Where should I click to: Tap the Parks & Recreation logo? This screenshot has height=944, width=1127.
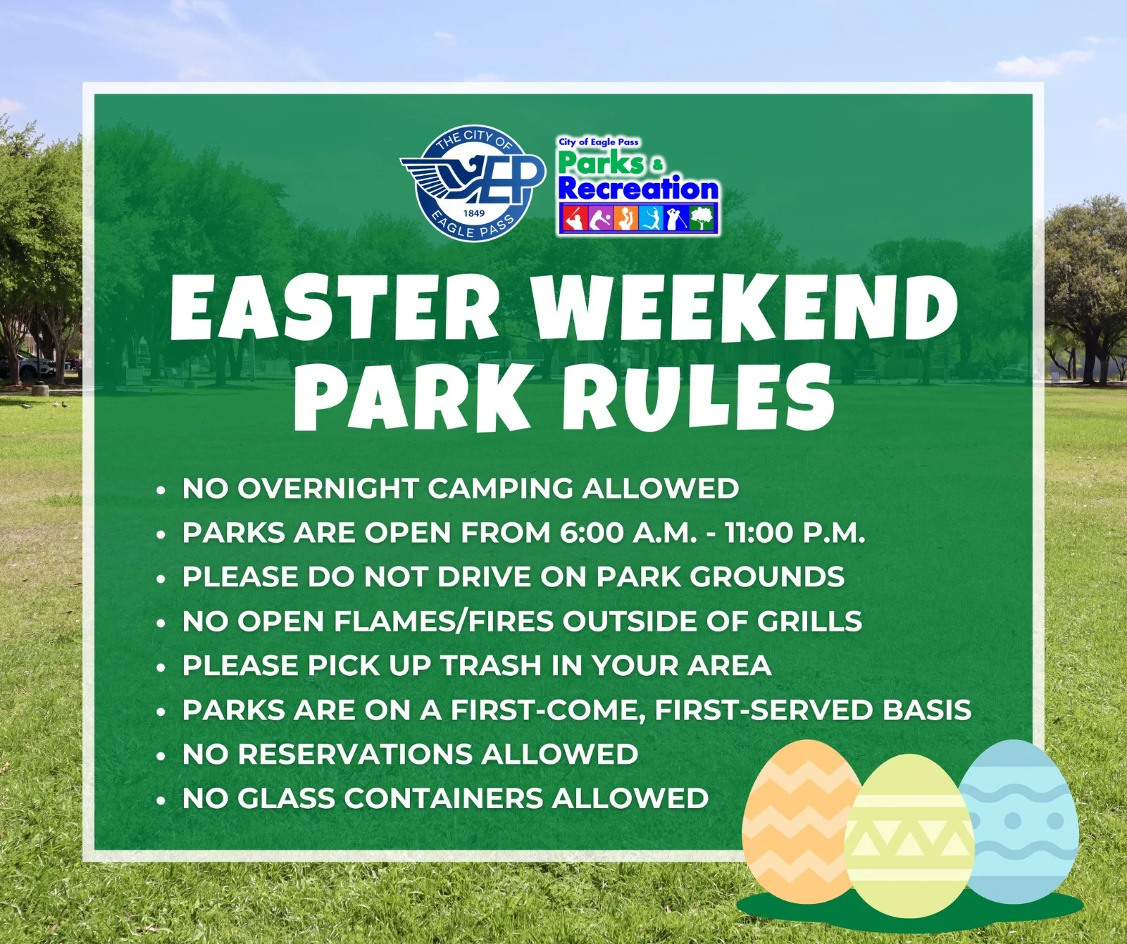pos(638,186)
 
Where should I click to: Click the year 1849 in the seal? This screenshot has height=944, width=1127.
pos(474,213)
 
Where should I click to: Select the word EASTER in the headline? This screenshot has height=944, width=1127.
pos(335,307)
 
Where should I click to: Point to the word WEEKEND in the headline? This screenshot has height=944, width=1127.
pos(745,307)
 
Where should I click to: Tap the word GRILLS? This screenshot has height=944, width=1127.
pos(809,622)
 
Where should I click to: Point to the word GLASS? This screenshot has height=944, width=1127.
pos(286,799)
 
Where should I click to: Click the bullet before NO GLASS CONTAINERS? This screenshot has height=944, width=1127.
pos(161,800)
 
